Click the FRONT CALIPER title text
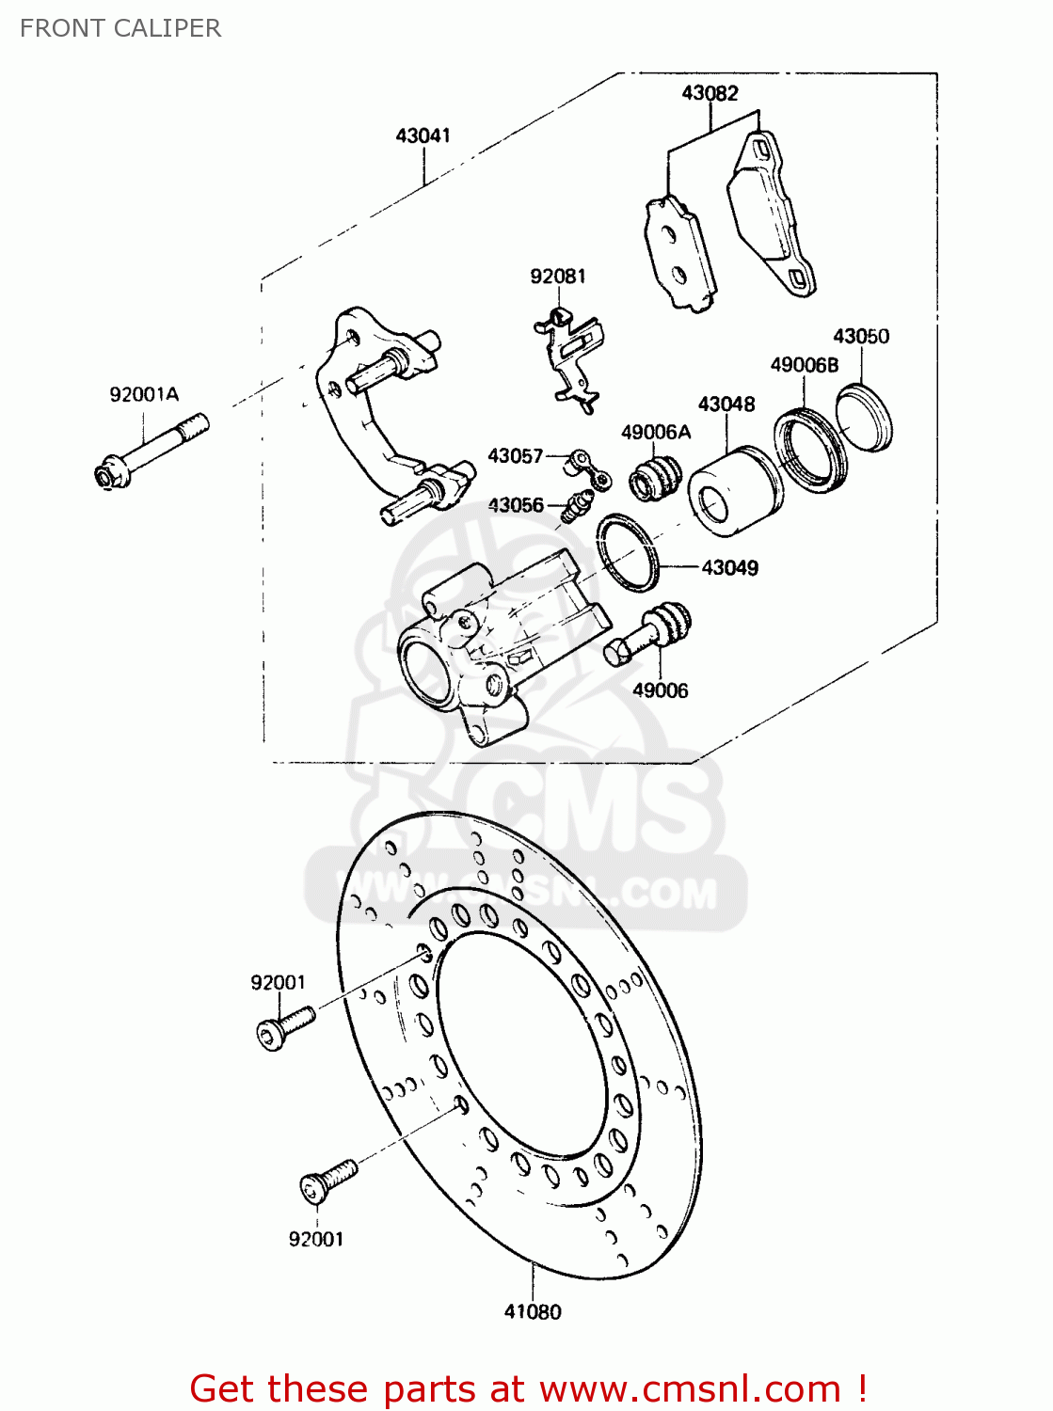point(120,28)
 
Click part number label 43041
point(423,135)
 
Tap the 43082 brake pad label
point(710,93)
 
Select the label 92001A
point(144,395)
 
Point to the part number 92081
point(557,276)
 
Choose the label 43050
point(860,336)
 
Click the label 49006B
point(804,365)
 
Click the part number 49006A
point(656,432)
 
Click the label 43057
point(515,455)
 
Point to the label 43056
point(515,505)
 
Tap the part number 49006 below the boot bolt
point(660,690)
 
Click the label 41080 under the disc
point(533,1311)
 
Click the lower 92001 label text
point(315,1240)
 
